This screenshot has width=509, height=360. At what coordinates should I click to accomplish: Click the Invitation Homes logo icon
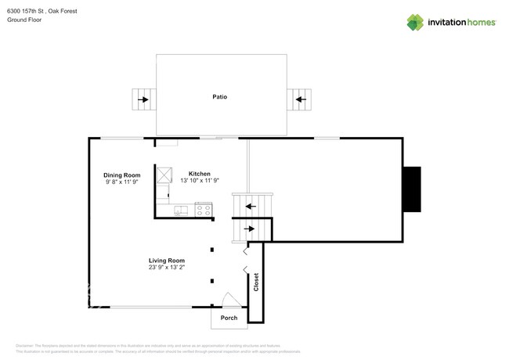point(415,23)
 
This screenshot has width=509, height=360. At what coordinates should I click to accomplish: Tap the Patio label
point(220,97)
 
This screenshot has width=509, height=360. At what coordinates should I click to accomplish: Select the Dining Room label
point(121,175)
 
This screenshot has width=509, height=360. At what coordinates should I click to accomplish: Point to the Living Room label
point(167,261)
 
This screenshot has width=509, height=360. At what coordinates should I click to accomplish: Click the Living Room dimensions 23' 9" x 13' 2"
point(167,268)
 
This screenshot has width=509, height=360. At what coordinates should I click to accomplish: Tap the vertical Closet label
point(256,283)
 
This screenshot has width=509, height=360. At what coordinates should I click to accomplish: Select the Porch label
point(229,318)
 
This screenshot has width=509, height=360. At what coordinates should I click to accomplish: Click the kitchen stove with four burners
point(203,210)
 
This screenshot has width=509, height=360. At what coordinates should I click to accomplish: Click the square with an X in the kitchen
point(163,175)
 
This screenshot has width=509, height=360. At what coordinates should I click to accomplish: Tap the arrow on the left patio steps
point(143,99)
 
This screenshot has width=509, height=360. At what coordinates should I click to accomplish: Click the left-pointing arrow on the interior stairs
point(250,207)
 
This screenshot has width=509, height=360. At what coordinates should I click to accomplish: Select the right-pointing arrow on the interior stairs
point(250,229)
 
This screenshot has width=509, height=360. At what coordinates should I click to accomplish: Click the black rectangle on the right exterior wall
point(411,189)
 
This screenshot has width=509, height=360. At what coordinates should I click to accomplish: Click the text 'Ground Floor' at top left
point(24,20)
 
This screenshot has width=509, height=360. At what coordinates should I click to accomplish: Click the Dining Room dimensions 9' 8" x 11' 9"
point(121,182)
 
